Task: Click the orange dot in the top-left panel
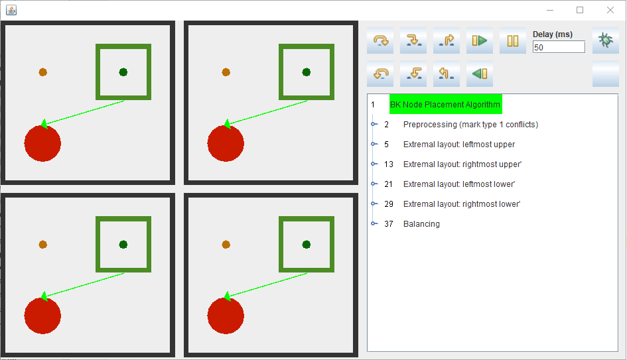click(42, 72)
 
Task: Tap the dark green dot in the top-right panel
click(307, 72)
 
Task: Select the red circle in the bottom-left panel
click(42, 316)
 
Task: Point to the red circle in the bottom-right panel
click(226, 316)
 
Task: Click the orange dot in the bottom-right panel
click(226, 245)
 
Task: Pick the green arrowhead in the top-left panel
click(44, 124)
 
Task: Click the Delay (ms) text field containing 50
click(559, 47)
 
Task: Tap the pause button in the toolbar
click(513, 40)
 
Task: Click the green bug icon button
click(605, 40)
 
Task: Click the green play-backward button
click(480, 74)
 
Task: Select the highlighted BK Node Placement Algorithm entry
click(445, 104)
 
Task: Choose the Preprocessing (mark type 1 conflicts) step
click(470, 124)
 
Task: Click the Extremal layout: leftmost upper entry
click(459, 145)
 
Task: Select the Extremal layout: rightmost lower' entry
click(462, 204)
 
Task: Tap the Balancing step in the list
click(421, 224)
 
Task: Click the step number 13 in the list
click(389, 164)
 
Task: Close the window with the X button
click(610, 10)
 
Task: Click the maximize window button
click(580, 10)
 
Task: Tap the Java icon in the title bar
click(11, 10)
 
